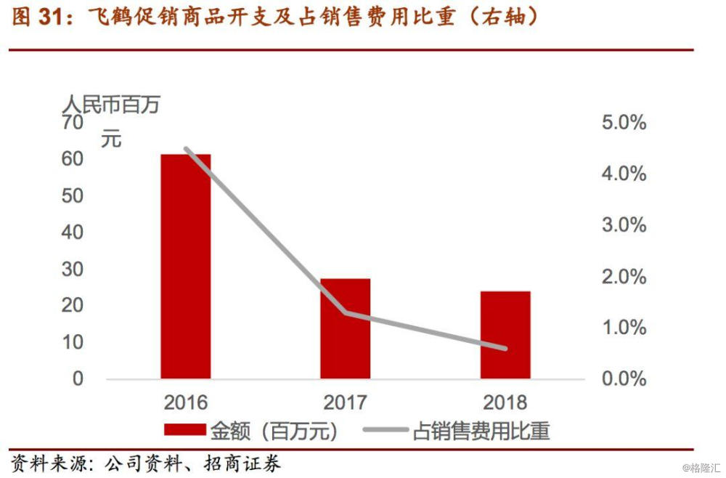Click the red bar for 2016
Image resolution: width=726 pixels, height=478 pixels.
point(186,266)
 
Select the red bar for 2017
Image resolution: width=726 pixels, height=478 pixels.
point(346,328)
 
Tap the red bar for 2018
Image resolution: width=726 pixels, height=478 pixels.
point(505,335)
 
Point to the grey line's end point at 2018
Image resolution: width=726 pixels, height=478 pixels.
point(505,349)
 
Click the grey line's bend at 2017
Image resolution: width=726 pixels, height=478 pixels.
point(346,313)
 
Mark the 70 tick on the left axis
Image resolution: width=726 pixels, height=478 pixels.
point(73,123)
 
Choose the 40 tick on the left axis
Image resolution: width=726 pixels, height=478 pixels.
point(73,232)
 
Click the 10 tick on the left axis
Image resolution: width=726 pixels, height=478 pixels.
point(73,342)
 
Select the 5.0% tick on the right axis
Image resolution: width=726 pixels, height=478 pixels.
point(624,123)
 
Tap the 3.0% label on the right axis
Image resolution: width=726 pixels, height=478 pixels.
point(624,225)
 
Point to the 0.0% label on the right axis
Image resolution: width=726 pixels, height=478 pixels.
point(624,378)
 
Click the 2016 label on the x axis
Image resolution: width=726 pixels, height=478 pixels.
point(186,402)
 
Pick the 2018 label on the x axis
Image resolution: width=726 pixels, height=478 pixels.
point(505,402)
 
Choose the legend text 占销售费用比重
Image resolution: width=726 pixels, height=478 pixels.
point(481,431)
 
